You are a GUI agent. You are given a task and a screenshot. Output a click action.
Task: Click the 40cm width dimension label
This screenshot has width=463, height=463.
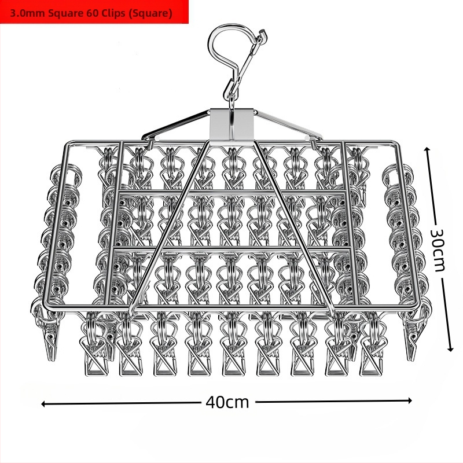[x=227, y=402]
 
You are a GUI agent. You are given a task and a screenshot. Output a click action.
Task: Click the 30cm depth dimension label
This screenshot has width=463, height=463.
[x=438, y=250]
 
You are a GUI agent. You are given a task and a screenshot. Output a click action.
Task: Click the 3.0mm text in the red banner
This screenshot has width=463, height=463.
[x=28, y=13]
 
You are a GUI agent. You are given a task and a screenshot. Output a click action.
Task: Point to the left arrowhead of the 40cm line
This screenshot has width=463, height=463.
[x=43, y=403]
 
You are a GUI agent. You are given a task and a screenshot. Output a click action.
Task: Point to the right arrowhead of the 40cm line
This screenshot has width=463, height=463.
[x=410, y=400]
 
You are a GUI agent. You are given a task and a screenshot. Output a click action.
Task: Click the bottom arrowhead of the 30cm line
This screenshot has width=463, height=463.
[x=450, y=349]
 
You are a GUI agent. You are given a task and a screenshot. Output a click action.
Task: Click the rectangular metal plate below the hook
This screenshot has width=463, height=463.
[x=232, y=123]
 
